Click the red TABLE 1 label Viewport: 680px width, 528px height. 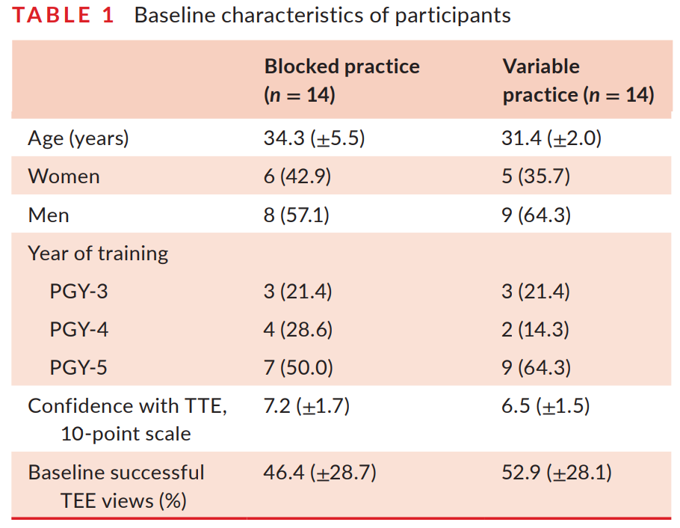coord(63,15)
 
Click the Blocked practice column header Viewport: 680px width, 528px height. coord(342,81)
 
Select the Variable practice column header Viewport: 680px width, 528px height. coord(578,81)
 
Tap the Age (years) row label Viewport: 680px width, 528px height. coord(78,139)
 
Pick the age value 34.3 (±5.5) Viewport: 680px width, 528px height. coord(315,139)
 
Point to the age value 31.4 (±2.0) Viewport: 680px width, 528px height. coord(551,139)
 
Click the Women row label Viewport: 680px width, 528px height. coord(64,176)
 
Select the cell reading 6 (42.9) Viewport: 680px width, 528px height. coord(297,176)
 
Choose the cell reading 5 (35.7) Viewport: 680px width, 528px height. coord(536,176)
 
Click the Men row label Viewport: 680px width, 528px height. coord(49,215)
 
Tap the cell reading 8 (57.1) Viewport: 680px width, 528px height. coord(297,215)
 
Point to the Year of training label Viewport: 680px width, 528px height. coord(98,254)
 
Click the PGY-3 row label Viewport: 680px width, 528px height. coord(79,292)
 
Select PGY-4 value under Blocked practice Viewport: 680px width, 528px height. coord(298,330)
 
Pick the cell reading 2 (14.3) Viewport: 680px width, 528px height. coord(536,330)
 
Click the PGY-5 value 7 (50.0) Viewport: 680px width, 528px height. coord(298,368)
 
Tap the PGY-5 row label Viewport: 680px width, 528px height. coord(78,368)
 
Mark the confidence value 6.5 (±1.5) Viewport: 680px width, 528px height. coord(545,406)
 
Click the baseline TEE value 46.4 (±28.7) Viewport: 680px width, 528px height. coord(320,473)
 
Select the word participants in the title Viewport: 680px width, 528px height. coord(453,16)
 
